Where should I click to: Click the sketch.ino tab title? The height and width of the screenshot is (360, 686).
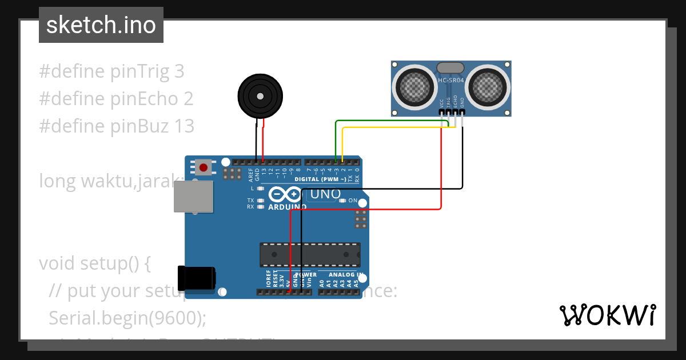(x=101, y=25)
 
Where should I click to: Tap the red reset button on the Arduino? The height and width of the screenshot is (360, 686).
(x=203, y=167)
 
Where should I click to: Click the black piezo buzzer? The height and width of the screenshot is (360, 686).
(x=260, y=96)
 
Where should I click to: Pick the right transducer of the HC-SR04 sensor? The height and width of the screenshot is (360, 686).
(x=489, y=87)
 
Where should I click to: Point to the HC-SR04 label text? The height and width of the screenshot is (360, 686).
(x=450, y=81)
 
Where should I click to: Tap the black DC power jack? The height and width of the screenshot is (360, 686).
(x=197, y=278)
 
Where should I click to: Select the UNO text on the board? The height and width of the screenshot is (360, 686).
(x=325, y=194)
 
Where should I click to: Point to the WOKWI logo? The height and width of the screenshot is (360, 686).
(x=607, y=315)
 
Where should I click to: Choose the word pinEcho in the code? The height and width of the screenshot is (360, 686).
(x=145, y=99)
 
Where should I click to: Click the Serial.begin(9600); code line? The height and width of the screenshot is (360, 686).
(x=127, y=318)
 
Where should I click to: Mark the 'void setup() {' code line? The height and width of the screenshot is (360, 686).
(x=94, y=263)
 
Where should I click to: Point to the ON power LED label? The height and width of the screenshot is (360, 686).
(x=352, y=201)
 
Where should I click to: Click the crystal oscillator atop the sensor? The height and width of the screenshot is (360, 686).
(x=450, y=68)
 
